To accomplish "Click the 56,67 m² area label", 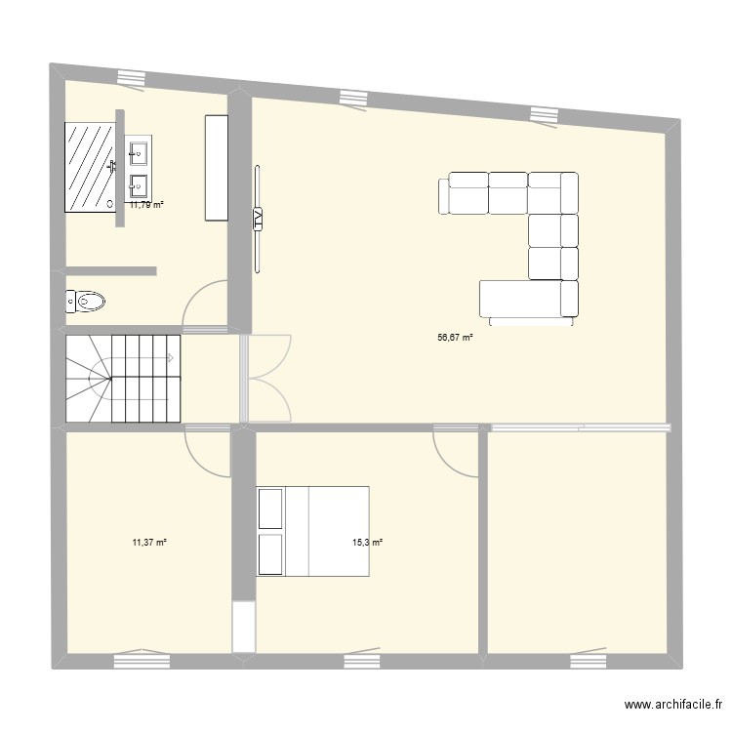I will tap(455, 338).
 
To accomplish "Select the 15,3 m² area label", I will tap(368, 542).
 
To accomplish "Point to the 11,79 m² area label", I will tap(146, 204).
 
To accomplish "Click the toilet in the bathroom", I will tap(86, 302).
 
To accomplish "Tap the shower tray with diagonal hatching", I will tap(90, 167).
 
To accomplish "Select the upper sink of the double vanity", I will tap(138, 151).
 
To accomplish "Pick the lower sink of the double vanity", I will tap(138, 183).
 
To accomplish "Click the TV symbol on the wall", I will tap(258, 219).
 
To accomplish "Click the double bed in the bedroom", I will tap(312, 530).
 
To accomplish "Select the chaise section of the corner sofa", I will tap(527, 299).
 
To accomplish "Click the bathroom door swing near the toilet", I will tap(205, 303).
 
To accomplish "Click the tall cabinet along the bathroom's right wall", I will tap(216, 167).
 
